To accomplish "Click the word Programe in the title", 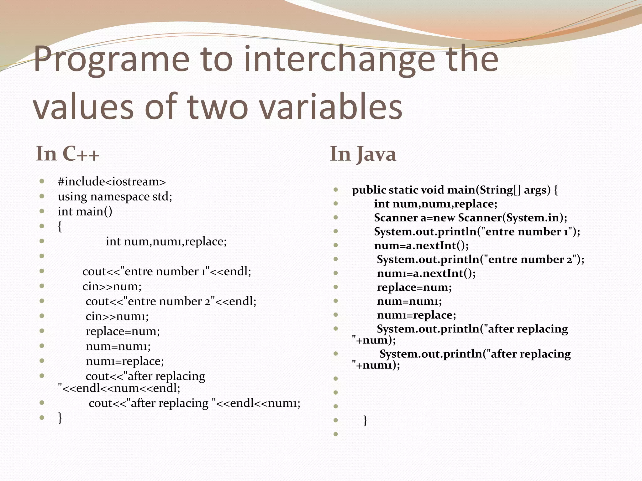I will click(x=111, y=59).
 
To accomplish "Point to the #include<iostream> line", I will click(x=112, y=182).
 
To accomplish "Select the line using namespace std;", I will click(x=115, y=197).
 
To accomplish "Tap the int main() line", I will click(x=85, y=211).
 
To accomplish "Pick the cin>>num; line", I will click(x=112, y=286).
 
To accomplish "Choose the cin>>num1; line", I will click(x=117, y=316).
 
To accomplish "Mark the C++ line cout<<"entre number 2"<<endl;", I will click(x=171, y=301).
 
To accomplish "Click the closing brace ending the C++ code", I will click(x=60, y=418).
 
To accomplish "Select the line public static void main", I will click(x=455, y=190).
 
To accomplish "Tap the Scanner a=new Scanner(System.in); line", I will click(x=471, y=218).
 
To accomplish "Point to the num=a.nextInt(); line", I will click(x=421, y=246).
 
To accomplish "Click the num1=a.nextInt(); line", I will click(x=426, y=273).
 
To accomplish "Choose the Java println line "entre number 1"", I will click(x=477, y=232).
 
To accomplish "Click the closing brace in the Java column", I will click(x=365, y=420).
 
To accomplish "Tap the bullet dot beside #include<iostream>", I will click(x=42, y=181).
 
